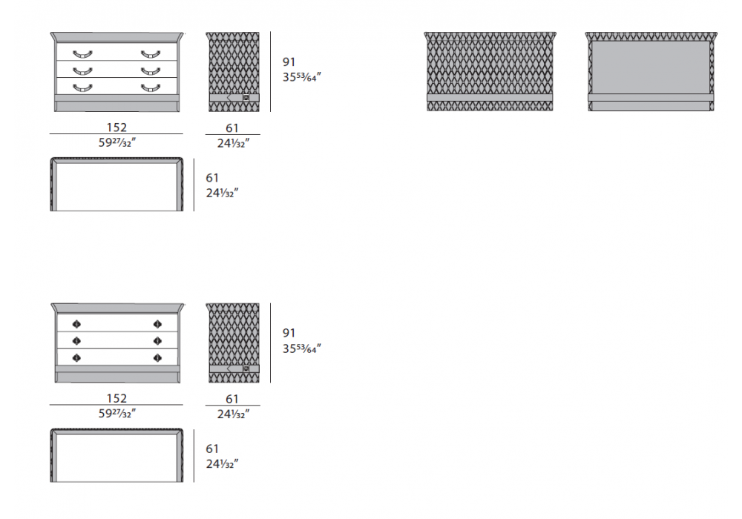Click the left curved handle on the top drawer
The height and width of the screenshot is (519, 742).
(82, 54)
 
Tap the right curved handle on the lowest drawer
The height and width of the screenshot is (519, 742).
(151, 88)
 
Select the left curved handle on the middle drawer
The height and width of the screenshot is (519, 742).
(82, 71)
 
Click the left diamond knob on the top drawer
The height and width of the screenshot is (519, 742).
(76, 324)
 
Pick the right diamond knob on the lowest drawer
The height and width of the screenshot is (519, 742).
(157, 358)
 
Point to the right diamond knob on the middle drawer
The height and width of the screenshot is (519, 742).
(157, 341)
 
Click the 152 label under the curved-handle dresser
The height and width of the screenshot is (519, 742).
(116, 128)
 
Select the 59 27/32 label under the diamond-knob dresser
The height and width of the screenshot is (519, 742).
(117, 413)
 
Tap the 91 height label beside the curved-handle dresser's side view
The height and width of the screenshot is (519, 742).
(289, 62)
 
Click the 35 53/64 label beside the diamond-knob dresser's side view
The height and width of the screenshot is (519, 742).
(302, 348)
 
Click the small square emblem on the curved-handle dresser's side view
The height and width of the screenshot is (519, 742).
(246, 98)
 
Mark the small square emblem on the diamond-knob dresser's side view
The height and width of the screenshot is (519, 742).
(246, 368)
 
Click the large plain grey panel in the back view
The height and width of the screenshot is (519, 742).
(651, 67)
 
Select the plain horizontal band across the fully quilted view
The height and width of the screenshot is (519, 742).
(490, 97)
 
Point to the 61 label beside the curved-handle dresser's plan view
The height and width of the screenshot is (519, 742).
(212, 178)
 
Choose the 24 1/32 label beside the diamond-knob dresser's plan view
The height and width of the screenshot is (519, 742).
(222, 463)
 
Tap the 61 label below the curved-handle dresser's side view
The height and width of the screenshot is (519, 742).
(232, 128)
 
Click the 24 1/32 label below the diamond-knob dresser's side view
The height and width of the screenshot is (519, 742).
(233, 414)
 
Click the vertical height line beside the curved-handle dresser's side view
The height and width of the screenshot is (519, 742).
(271, 72)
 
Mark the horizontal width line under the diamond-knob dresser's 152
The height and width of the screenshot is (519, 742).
(116, 405)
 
